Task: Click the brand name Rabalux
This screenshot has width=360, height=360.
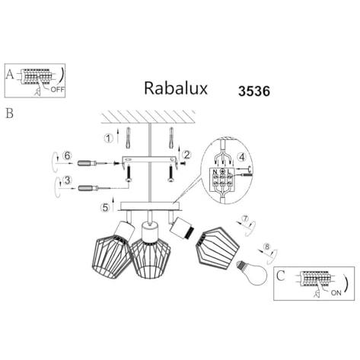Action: (x=176, y=88)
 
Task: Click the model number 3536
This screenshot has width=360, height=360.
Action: (x=254, y=91)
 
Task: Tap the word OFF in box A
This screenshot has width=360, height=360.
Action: (x=58, y=89)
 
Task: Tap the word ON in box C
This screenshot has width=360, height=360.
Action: (x=336, y=292)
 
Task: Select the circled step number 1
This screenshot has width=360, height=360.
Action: (x=109, y=139)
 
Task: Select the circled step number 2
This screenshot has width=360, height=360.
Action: (x=186, y=155)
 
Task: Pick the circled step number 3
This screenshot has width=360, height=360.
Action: (x=67, y=180)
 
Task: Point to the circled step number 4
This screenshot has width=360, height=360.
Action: (x=242, y=158)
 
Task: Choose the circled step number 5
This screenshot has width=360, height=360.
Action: (x=105, y=208)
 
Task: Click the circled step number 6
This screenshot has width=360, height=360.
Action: (x=67, y=155)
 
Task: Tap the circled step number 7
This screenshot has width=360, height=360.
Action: (x=245, y=218)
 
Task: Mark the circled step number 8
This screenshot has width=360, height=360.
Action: (x=266, y=247)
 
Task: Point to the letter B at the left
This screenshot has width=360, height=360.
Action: (x=9, y=113)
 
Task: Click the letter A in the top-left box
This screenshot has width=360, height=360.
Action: (x=10, y=74)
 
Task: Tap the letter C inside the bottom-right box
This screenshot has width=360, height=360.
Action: (x=281, y=276)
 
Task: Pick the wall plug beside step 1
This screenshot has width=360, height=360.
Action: (x=128, y=137)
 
